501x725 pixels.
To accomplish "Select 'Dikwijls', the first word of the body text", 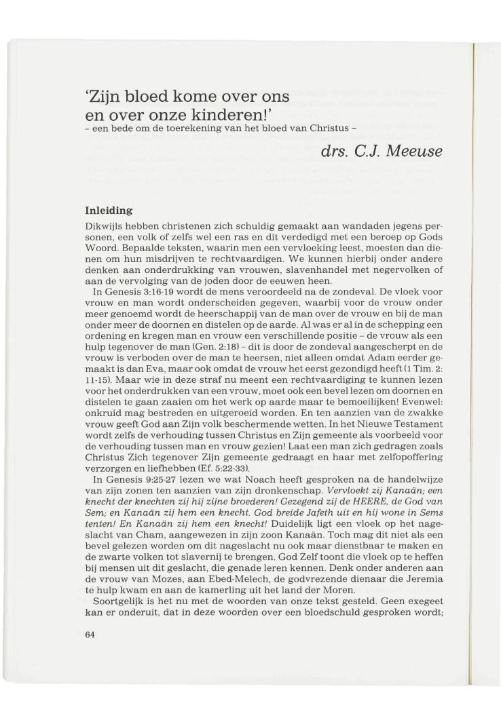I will tap(100, 225).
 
